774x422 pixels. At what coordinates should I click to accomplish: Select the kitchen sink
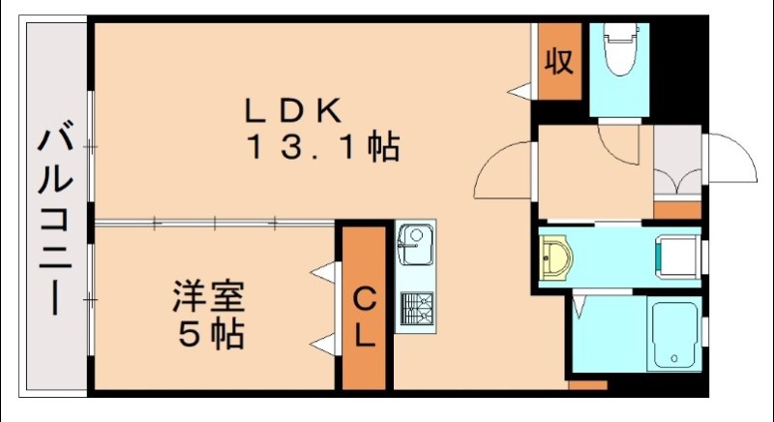click(415, 243)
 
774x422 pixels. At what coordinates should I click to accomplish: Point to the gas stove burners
click(416, 310)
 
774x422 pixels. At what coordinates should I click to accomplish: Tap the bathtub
click(672, 334)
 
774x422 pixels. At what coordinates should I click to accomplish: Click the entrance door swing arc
click(730, 160)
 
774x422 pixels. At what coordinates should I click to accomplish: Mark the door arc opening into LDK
click(504, 171)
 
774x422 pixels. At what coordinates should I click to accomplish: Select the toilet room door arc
click(619, 145)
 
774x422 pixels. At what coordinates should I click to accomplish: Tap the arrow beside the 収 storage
click(521, 91)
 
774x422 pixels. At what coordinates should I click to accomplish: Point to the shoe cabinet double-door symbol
click(676, 182)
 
